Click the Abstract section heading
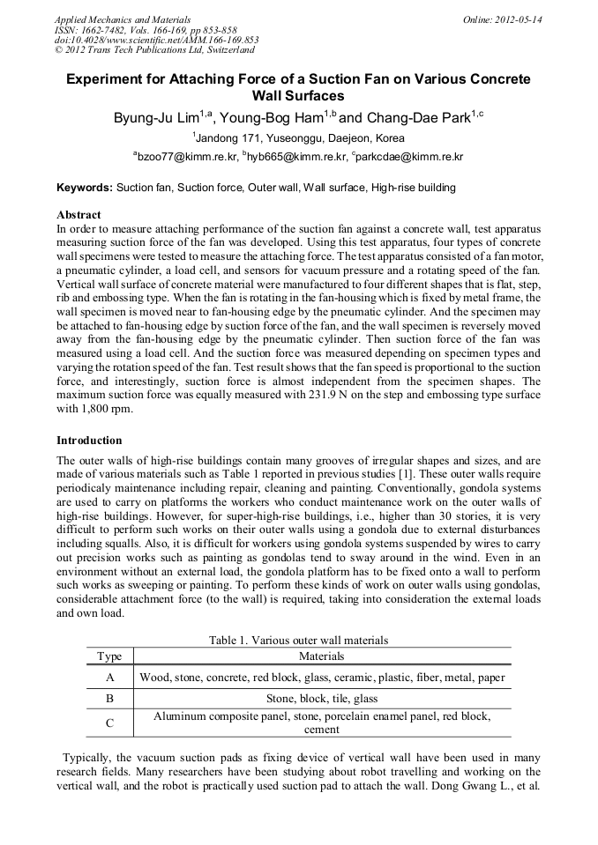tap(78, 214)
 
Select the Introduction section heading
tap(89, 440)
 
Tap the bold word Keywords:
tap(85, 188)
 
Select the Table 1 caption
tap(298, 641)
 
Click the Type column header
tap(109, 656)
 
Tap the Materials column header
tap(322, 656)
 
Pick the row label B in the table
tap(109, 699)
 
